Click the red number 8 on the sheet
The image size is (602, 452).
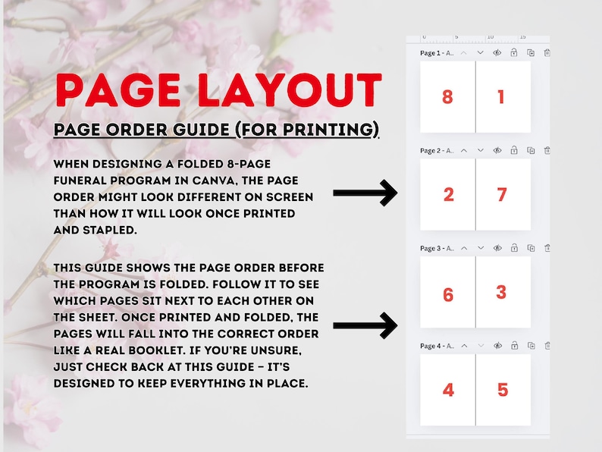pos(447,97)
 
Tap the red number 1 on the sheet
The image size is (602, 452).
pos(501,97)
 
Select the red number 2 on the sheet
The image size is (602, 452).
pos(448,195)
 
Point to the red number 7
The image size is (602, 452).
pos(501,195)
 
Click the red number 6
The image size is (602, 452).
pos(448,294)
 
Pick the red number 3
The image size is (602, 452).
pos(501,292)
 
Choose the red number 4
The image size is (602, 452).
pos(448,391)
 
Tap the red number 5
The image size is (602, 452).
pos(502,391)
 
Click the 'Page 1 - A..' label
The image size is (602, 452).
pos(437,53)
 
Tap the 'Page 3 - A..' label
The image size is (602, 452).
pos(437,248)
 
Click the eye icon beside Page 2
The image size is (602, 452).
pos(497,150)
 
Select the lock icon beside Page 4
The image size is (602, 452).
pos(514,346)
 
